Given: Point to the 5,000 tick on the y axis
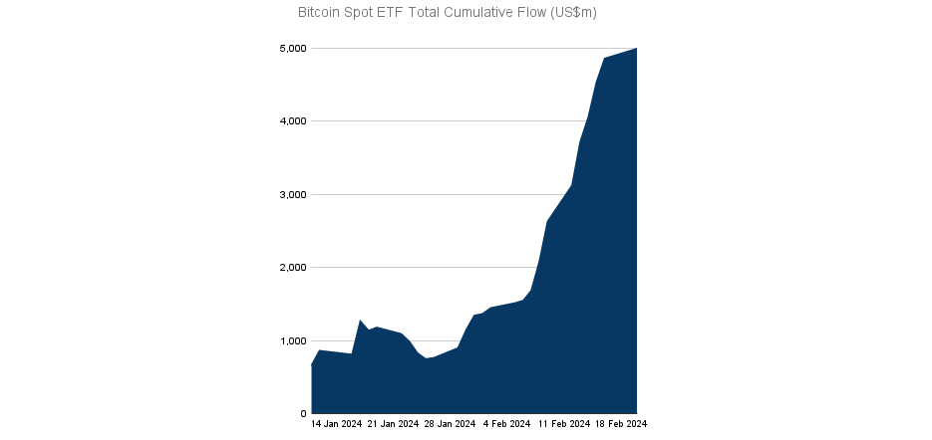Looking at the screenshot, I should pyautogui.click(x=291, y=48).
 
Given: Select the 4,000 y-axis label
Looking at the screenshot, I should pyautogui.click(x=291, y=121).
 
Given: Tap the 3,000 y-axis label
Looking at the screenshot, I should pyautogui.click(x=291, y=194).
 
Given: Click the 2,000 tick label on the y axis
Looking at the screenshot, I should pyautogui.click(x=291, y=268).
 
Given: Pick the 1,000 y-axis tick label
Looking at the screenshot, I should pyautogui.click(x=291, y=340).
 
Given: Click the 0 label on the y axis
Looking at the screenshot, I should pyautogui.click(x=300, y=414).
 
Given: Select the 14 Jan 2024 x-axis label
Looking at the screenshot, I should pyautogui.click(x=336, y=424).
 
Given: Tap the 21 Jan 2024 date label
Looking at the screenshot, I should pyautogui.click(x=393, y=424).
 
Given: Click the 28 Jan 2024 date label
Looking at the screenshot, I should pyautogui.click(x=450, y=424).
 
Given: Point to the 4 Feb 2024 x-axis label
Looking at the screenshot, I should pyautogui.click(x=506, y=424).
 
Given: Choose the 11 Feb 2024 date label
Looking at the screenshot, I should pyautogui.click(x=564, y=424).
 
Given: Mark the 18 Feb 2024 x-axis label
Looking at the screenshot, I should pyautogui.click(x=621, y=424).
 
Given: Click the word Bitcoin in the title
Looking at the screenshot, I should pyautogui.click(x=320, y=13).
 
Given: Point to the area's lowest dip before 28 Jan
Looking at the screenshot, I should pyautogui.click(x=427, y=358).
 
